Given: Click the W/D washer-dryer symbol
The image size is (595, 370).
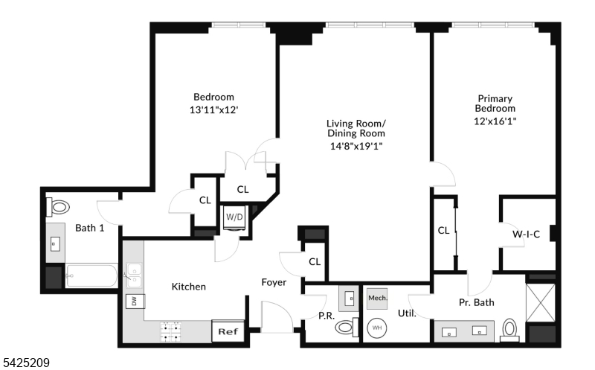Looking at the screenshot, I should pos(234,218).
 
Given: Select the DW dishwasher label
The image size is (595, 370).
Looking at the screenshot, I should pos(135,302).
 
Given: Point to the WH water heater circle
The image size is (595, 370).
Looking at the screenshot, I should pos(376,327).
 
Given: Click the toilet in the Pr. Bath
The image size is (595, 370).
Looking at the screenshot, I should pos(510,328).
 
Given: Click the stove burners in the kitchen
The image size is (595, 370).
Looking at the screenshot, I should pos(173,331).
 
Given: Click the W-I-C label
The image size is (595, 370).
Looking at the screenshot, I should pos(526,234).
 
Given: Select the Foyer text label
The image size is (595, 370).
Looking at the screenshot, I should pos(274,282).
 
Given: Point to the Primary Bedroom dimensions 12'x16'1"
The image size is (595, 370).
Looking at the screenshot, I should pos(495,120).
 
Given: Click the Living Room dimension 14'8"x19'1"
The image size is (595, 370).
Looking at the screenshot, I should pos(356,145).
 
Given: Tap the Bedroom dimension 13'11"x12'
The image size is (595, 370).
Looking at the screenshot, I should pos(213,109).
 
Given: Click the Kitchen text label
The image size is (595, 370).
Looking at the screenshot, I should pos(189,287).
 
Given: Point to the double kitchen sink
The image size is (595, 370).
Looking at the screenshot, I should pos(134,275).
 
